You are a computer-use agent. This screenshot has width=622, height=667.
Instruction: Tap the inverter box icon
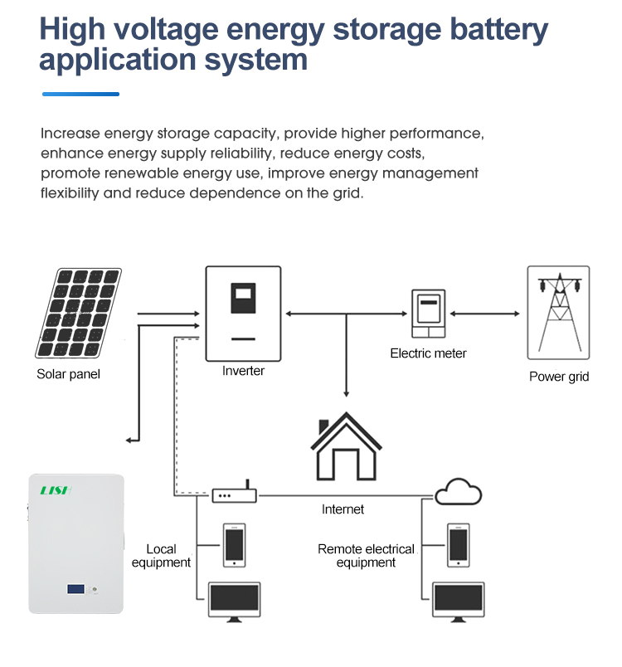243,314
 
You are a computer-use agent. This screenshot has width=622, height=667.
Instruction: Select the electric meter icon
428,314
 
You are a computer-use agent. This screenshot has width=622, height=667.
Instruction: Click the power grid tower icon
558,314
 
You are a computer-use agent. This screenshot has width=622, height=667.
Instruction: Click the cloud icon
459,493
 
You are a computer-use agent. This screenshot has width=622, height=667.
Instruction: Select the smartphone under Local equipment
235,545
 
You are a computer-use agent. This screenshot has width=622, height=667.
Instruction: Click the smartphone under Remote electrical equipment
459,545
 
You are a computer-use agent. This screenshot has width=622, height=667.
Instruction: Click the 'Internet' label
343,509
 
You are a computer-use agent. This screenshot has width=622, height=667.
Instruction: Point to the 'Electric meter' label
428,353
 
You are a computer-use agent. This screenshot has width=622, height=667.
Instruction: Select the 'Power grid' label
559,377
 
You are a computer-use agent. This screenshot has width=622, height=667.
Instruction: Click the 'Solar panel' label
68,374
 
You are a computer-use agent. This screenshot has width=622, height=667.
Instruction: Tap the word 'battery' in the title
498,30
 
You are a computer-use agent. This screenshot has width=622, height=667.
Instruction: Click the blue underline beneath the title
80,94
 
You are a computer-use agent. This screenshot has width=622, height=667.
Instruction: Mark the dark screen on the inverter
243,298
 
